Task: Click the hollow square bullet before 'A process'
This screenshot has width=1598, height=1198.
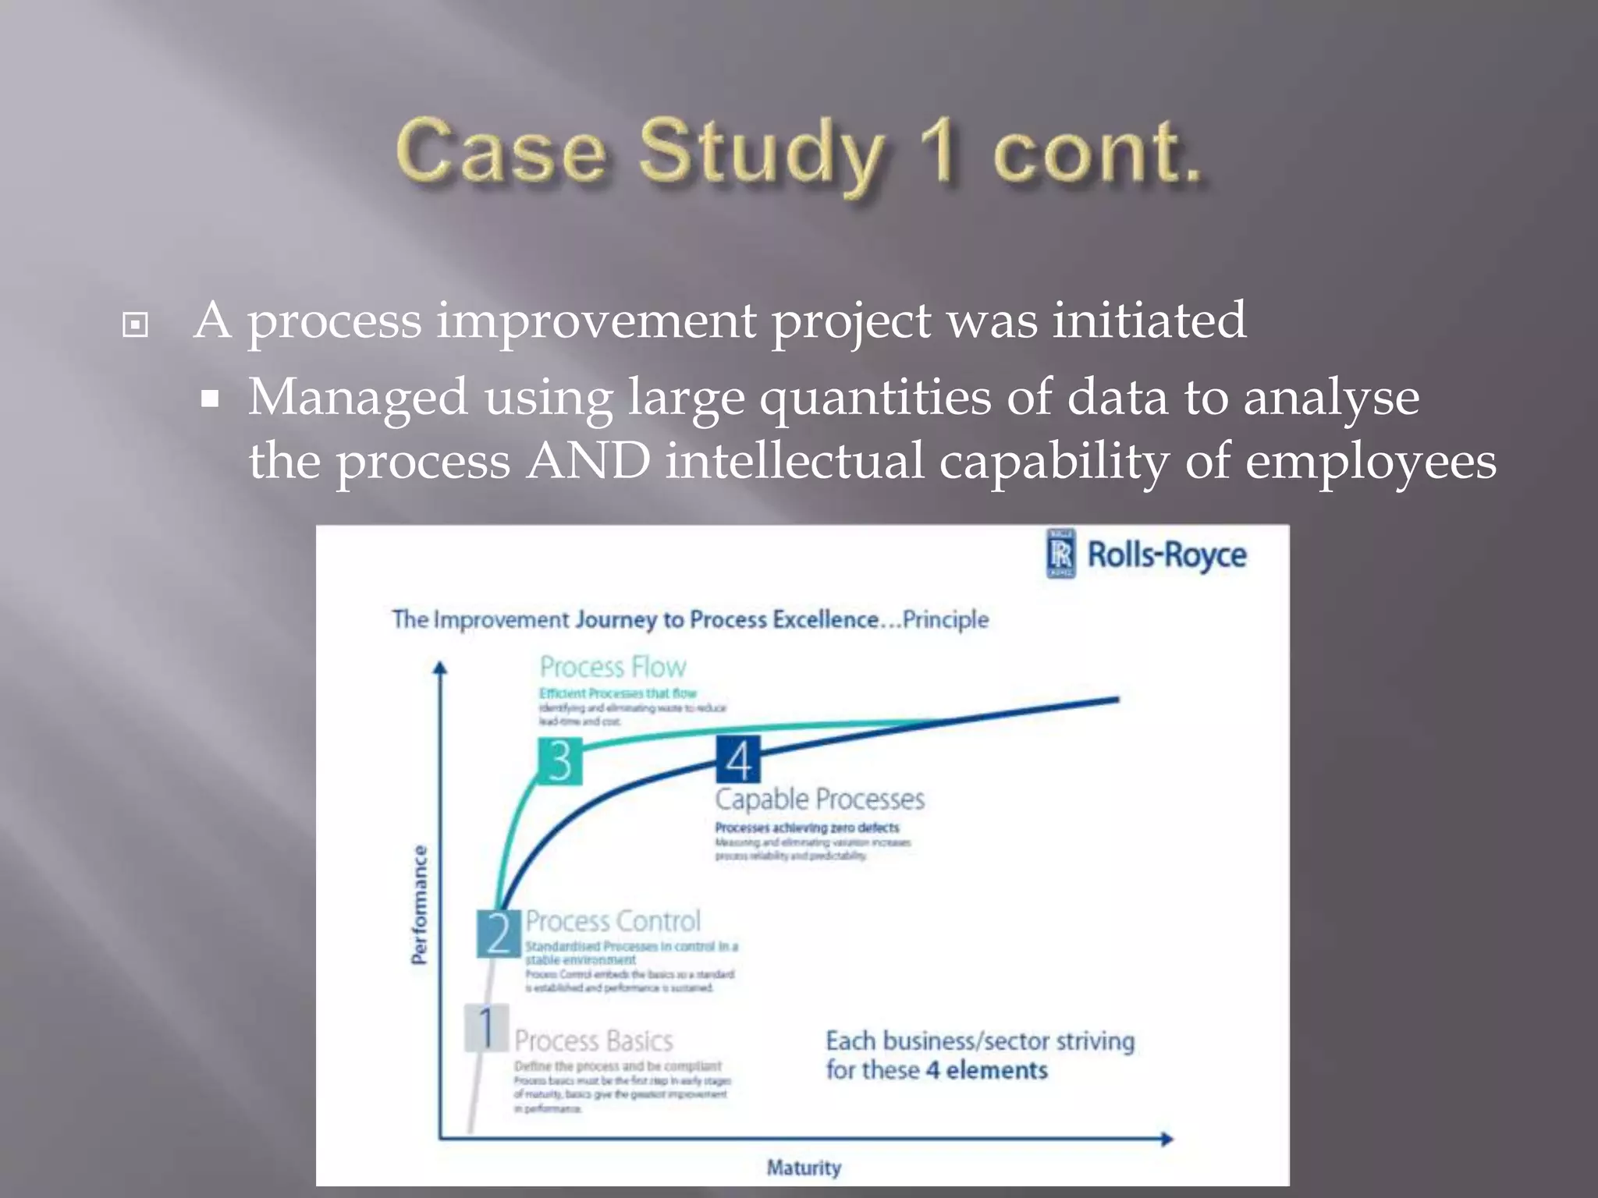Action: click(135, 324)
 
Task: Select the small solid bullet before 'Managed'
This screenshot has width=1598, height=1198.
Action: click(209, 399)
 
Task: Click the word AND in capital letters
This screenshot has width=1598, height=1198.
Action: click(589, 460)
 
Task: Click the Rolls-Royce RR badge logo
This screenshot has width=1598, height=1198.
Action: click(1060, 554)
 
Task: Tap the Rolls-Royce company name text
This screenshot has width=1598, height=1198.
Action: click(1167, 555)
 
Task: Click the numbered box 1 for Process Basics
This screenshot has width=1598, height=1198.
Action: click(486, 1027)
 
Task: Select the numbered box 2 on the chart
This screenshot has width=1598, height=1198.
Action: click(499, 933)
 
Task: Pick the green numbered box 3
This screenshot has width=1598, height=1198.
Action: click(559, 761)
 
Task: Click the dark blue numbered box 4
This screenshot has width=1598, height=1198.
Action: click(737, 760)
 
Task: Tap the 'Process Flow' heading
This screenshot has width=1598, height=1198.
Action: click(613, 668)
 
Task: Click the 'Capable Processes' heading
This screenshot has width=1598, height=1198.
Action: click(819, 799)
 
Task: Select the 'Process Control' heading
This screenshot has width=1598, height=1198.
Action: click(613, 921)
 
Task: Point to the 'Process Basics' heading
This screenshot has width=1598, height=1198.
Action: click(593, 1041)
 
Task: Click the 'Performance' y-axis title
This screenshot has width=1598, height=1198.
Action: click(420, 905)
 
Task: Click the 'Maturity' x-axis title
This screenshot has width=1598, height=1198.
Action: click(804, 1168)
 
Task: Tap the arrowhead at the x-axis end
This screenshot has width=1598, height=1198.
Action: click(1167, 1139)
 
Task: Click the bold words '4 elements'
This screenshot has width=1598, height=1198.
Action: click(986, 1070)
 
